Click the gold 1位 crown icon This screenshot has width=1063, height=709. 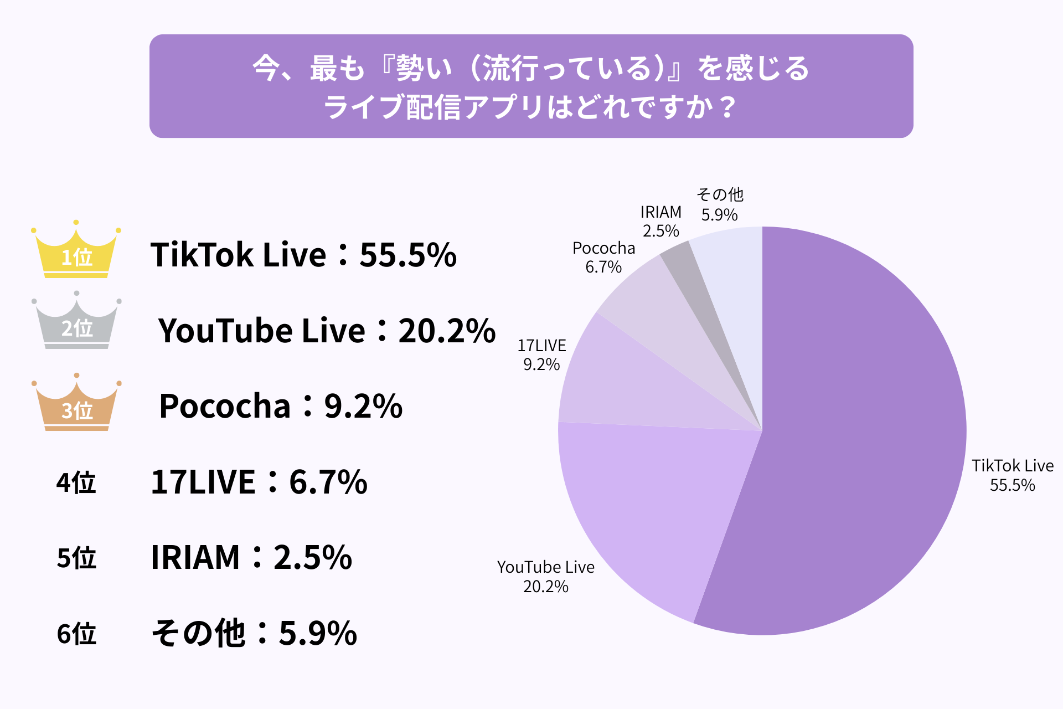tap(76, 252)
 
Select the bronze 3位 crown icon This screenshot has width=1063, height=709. tap(76, 405)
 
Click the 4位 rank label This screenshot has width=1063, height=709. tap(76, 482)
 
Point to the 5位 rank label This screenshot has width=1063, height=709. tap(76, 557)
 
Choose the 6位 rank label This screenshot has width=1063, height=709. tap(76, 633)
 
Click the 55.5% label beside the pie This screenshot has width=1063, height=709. tap(1012, 485)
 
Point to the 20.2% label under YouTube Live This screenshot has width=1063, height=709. tap(545, 587)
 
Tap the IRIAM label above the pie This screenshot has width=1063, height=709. tap(660, 212)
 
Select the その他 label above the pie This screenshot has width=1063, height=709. tap(720, 194)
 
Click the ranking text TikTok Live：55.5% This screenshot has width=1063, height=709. tap(303, 255)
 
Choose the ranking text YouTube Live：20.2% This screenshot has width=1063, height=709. tap(327, 331)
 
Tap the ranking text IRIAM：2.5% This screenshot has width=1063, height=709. tap(251, 557)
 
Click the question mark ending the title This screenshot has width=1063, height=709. tap(729, 107)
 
